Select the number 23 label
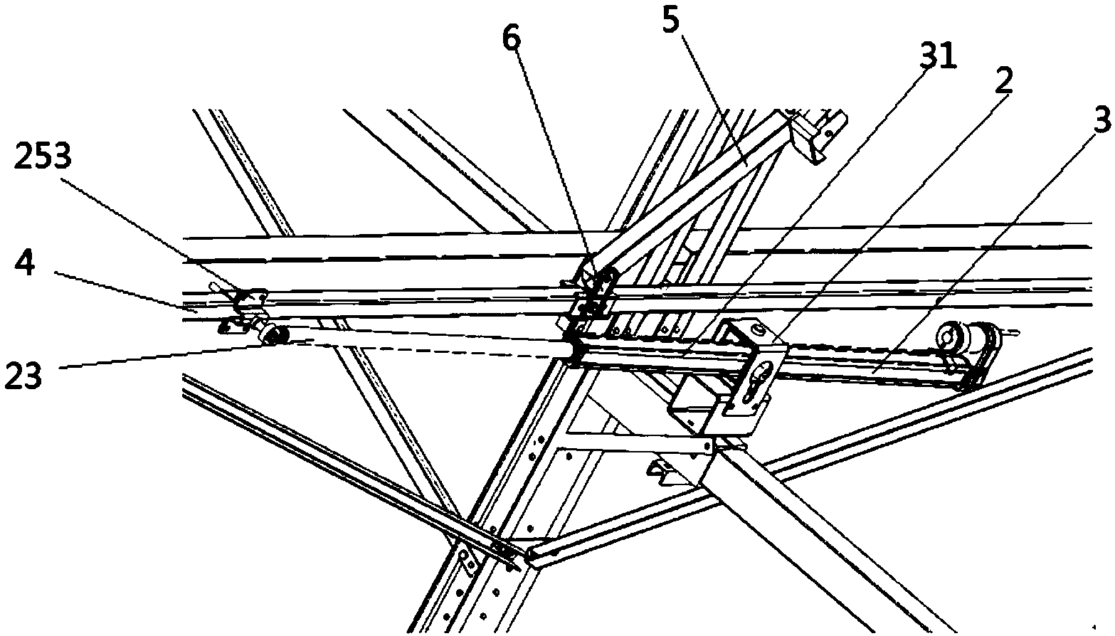24,375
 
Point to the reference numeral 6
511,40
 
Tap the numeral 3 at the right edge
1101,121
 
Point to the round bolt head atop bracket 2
759,329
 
